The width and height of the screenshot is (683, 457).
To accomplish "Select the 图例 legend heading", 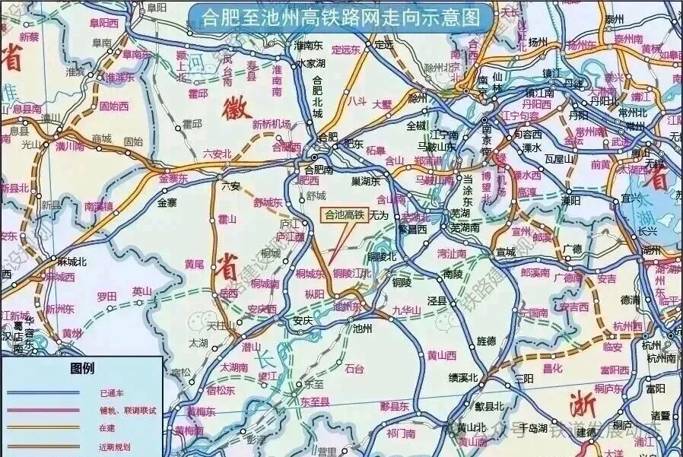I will [x=82, y=369].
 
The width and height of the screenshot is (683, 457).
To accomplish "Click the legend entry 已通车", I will [x=111, y=393].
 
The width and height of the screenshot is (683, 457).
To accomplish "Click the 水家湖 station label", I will [x=311, y=63].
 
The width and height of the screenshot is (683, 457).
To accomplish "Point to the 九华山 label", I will [x=406, y=310].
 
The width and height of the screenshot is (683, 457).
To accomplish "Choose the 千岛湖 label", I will [x=532, y=427].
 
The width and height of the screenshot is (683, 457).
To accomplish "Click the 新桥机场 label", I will [x=272, y=124].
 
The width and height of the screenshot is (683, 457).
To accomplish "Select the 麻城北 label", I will [x=71, y=260].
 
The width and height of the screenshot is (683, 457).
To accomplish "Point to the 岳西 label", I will [x=227, y=293].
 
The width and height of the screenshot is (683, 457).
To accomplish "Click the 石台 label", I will [x=354, y=369].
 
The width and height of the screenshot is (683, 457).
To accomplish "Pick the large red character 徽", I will [x=237, y=109].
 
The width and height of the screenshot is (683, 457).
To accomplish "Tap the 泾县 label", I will [x=437, y=301].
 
